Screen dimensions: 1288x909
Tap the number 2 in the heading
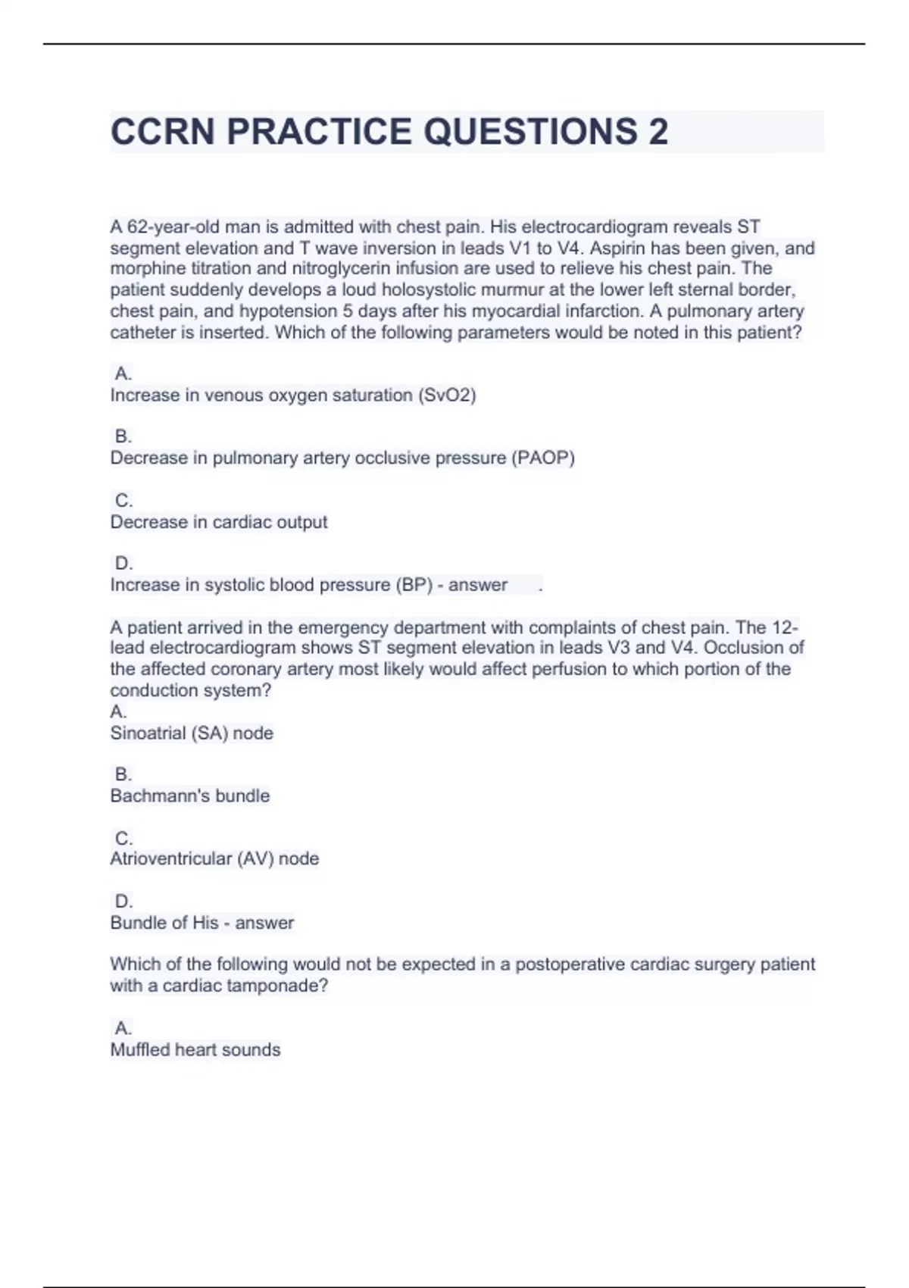[x=658, y=132]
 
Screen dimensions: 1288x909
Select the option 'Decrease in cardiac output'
[x=219, y=522]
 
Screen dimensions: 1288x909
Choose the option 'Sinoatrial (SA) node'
[x=192, y=733]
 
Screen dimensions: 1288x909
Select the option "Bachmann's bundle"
[x=190, y=796]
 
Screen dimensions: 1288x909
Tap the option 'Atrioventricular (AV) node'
[x=214, y=858]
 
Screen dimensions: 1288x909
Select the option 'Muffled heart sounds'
[x=195, y=1049]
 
